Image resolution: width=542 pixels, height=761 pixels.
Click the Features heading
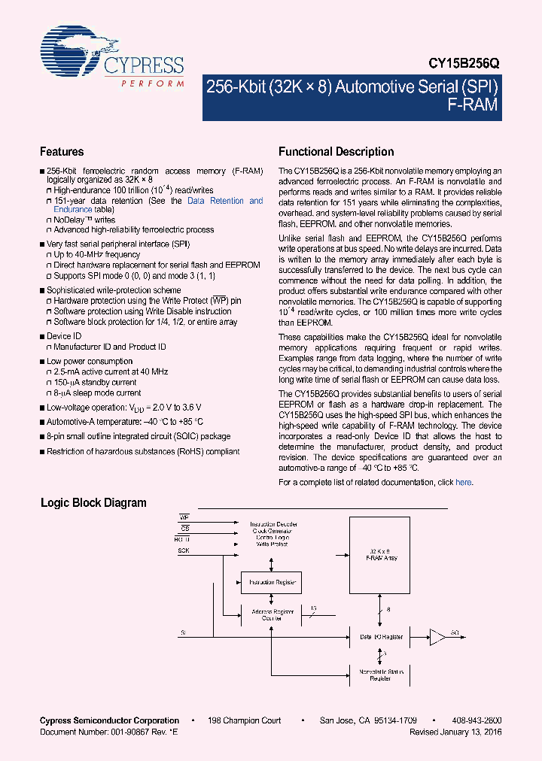[62, 152]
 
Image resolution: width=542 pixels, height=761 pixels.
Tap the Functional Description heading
[336, 152]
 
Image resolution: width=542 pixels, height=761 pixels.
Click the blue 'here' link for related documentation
[464, 483]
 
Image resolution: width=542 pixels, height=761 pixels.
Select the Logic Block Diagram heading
[93, 503]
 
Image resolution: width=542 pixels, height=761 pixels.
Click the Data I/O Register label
[381, 637]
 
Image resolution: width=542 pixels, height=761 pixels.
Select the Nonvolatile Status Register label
[380, 675]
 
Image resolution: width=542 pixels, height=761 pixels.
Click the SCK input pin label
[184, 550]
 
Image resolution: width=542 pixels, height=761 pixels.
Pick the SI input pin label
[182, 632]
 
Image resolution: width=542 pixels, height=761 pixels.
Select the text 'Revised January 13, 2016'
[455, 731]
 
